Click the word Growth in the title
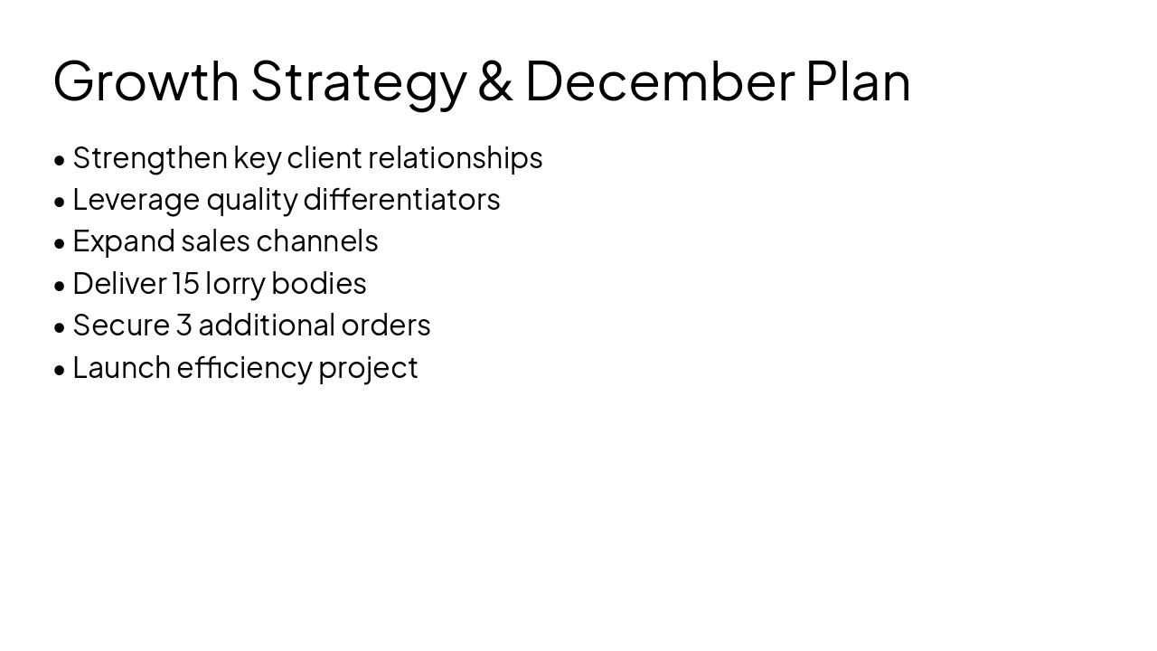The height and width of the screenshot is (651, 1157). coord(146,81)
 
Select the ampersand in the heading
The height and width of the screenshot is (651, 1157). coord(494,81)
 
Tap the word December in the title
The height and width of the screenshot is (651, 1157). coord(659,81)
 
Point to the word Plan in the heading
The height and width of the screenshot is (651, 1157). coord(857,81)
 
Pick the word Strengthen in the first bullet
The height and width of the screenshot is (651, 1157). coord(149,158)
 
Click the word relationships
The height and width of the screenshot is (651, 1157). coord(455,158)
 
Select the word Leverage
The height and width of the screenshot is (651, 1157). coord(136,200)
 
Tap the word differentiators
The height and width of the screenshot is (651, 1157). coord(401,199)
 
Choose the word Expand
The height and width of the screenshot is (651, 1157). coord(123,242)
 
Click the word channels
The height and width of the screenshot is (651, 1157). coord(316,241)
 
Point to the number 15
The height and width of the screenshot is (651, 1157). coord(185,283)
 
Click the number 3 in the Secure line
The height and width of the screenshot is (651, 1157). coord(183,325)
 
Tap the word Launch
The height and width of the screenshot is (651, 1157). coord(121,367)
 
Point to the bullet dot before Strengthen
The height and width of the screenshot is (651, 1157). coord(60,160)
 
